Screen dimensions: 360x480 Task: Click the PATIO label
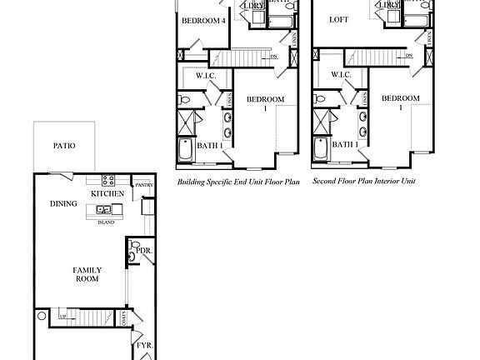(64, 146)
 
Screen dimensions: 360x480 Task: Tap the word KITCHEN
(108, 194)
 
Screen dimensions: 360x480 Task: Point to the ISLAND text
(105, 222)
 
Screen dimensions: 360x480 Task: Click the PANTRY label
(144, 185)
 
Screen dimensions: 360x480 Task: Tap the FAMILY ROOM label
(87, 274)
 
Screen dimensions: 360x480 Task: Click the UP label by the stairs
(62, 316)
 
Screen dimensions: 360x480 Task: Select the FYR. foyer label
(142, 343)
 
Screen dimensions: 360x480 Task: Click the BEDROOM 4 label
(204, 21)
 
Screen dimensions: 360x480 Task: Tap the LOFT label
(338, 19)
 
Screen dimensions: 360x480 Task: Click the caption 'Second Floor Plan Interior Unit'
(363, 180)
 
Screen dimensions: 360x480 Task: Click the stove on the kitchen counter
(107, 180)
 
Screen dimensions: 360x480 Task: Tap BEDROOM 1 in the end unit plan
(265, 103)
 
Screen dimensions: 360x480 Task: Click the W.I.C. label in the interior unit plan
(341, 75)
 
